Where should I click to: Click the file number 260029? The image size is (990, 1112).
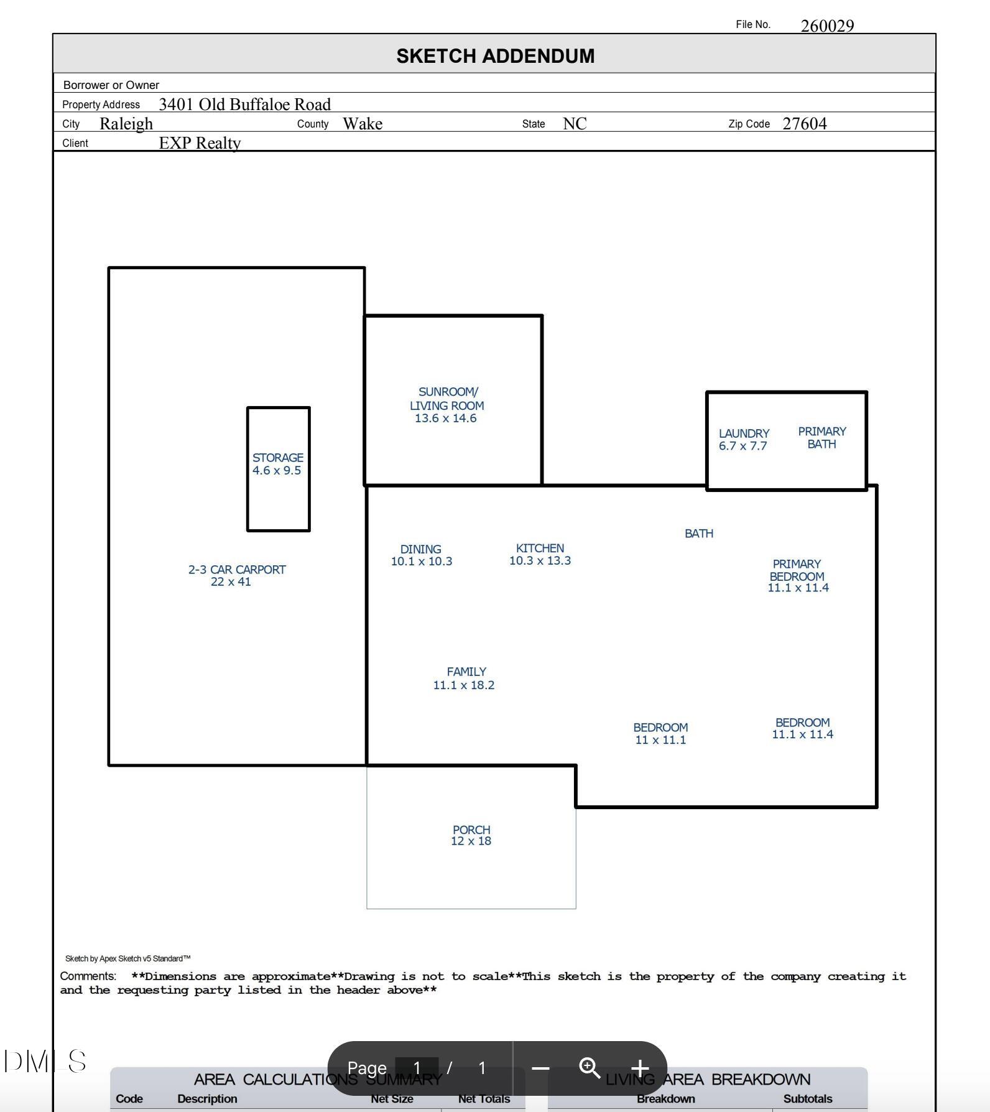[x=827, y=25]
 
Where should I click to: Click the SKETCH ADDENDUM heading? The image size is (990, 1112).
[x=495, y=56]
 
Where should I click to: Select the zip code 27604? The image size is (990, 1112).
[x=804, y=124]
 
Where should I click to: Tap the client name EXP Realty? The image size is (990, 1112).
[x=200, y=143]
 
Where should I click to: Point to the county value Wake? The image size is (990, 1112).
[x=363, y=124]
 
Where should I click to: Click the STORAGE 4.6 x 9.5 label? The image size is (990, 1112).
[x=277, y=464]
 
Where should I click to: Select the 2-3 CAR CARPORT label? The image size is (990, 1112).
[x=236, y=575]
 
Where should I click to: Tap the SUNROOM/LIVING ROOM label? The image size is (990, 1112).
[x=446, y=405]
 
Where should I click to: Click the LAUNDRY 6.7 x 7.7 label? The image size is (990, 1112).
[x=744, y=439]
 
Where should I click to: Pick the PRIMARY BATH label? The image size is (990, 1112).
[x=821, y=438]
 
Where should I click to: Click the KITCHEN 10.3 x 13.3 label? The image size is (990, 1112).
[x=540, y=554]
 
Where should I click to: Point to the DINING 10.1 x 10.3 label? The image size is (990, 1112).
[x=421, y=555]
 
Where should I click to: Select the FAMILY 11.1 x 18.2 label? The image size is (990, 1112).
[x=465, y=678]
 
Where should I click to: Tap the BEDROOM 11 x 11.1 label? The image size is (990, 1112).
[x=660, y=733]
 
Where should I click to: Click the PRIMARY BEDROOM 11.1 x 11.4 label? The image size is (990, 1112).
[x=797, y=575]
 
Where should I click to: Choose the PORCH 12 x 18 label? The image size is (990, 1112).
[x=471, y=835]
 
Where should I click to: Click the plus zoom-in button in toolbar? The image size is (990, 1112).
[x=640, y=1068]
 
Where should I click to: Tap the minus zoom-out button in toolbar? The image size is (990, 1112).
[x=540, y=1068]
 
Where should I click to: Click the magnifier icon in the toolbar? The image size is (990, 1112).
[x=590, y=1068]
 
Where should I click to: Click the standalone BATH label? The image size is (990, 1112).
[x=698, y=534]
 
